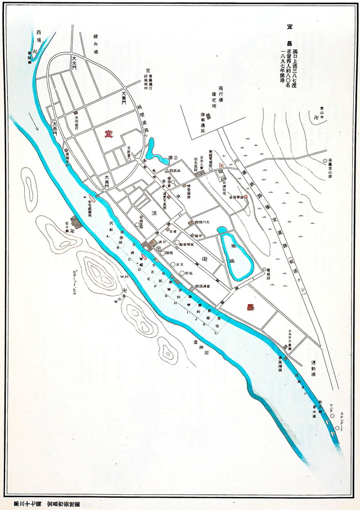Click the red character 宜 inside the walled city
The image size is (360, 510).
tap(107, 133)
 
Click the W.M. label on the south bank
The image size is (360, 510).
tap(124, 276)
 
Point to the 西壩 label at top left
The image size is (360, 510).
tap(39, 37)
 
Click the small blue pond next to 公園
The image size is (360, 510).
tap(151, 150)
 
